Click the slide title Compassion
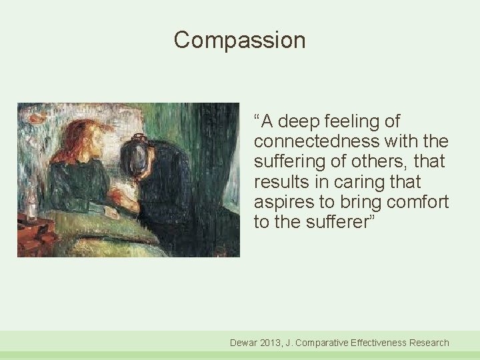click(239, 41)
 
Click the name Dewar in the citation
click(245, 343)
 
